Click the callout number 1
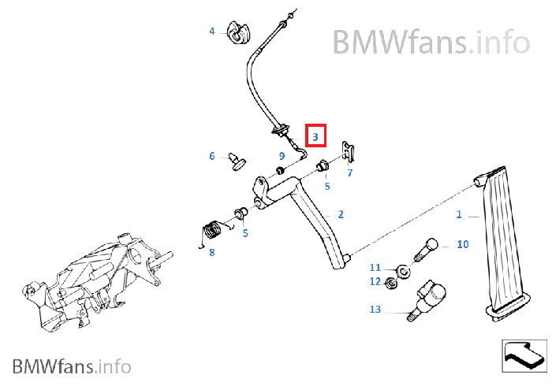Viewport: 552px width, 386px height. coord(459,214)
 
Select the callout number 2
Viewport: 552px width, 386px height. coord(341,214)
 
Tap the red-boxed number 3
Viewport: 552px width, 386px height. coord(315,136)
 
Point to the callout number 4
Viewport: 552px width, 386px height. coord(211,32)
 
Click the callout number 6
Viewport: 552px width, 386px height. coord(211,156)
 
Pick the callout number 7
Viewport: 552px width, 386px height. coord(350,172)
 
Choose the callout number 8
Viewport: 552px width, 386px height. coord(211,252)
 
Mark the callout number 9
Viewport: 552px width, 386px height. coord(282,156)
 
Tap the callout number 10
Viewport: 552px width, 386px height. coord(463,244)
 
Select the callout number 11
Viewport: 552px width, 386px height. coord(375,267)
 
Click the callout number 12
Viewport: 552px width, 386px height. coord(375,281)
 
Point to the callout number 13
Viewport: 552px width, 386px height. coord(375,310)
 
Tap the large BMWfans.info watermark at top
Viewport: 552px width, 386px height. coord(430,40)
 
